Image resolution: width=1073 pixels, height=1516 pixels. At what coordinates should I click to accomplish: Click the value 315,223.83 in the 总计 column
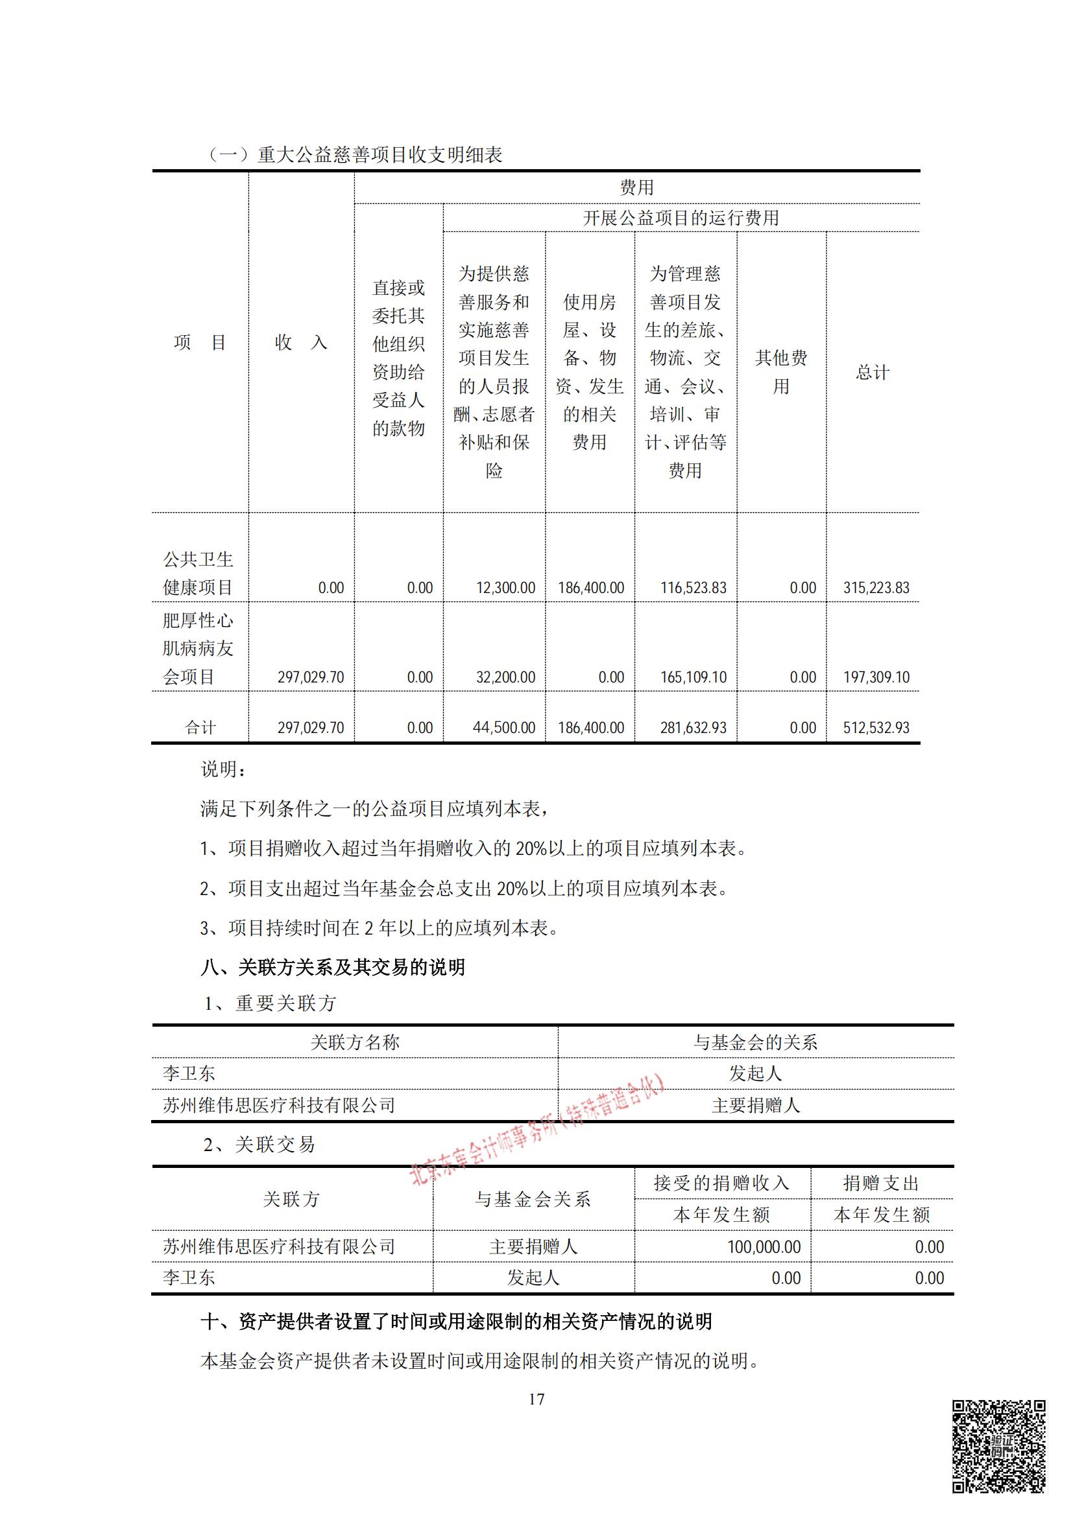coord(875,588)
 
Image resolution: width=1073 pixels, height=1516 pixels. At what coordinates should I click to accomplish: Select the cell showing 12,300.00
coord(505,588)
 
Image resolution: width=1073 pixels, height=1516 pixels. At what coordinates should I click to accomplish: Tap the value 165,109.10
coord(693,677)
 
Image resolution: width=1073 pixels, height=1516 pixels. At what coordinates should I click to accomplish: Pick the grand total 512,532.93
coord(875,728)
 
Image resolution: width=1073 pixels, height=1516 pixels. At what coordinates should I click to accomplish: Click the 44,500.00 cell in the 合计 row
coord(503,728)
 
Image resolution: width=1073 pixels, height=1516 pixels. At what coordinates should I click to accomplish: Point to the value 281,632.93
coord(693,728)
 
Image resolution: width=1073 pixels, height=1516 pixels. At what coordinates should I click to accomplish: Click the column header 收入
coord(300,342)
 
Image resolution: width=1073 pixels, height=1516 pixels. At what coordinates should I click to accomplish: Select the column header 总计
coord(872,373)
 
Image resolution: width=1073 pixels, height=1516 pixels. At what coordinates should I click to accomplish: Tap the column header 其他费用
coord(781,372)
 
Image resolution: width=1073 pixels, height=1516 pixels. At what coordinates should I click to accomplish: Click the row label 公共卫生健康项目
coord(199,573)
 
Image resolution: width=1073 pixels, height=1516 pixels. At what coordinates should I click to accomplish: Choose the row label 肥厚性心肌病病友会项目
coord(199,648)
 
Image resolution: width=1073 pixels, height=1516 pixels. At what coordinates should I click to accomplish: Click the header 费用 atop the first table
coord(636,187)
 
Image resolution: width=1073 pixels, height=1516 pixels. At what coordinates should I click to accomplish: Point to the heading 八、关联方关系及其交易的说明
coord(333,967)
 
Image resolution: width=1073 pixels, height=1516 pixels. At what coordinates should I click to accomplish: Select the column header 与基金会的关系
coord(755,1043)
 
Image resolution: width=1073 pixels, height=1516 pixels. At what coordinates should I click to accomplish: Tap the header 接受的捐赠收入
coord(721,1183)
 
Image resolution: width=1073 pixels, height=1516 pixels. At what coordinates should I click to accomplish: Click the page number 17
coord(536,1399)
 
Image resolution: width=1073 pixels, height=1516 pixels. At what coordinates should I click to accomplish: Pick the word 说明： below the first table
coord(223,769)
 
